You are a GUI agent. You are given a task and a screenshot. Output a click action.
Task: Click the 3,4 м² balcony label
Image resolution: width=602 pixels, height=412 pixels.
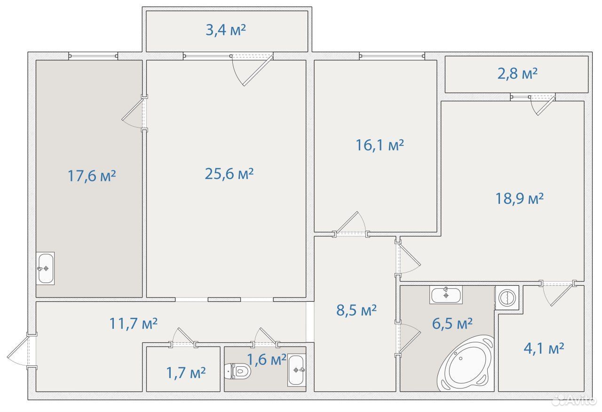(226, 30)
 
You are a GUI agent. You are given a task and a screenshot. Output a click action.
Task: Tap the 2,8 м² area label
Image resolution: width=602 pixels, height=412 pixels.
(517, 74)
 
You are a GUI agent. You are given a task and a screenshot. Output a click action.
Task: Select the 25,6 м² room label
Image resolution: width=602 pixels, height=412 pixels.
(229, 174)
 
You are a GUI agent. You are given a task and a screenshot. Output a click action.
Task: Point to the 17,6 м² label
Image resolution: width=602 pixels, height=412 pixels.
(92, 176)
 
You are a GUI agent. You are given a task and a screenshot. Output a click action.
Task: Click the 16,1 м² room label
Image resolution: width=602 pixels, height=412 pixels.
(380, 145)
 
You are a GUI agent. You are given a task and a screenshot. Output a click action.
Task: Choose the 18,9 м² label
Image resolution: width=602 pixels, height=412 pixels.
(520, 199)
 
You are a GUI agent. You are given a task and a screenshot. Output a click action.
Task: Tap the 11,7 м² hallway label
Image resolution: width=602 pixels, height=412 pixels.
(133, 323)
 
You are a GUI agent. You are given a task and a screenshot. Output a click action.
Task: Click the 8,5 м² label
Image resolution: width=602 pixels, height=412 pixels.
(356, 310)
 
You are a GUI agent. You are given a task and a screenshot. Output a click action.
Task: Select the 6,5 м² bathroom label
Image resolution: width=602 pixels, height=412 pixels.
(452, 323)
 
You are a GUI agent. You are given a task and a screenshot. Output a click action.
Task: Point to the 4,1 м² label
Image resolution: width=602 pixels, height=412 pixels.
(544, 348)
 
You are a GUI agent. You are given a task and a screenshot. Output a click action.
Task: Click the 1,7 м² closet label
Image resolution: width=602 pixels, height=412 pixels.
(186, 373)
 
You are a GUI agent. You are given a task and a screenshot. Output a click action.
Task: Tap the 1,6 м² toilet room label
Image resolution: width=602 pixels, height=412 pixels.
(266, 360)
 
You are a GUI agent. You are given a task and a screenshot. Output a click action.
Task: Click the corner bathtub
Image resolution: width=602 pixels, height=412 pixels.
(466, 364)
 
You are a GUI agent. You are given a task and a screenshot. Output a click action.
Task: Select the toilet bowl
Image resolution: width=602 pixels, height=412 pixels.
(238, 372)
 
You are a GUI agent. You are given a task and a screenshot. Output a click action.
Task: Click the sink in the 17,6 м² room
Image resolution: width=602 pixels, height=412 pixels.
(45, 268)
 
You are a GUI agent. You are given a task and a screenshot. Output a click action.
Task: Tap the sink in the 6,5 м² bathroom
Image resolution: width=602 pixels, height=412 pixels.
(446, 295)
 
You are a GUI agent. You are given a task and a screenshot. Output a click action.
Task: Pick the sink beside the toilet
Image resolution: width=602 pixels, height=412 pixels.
(297, 370)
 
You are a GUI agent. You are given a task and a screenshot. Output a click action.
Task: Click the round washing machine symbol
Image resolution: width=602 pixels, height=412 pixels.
(507, 298)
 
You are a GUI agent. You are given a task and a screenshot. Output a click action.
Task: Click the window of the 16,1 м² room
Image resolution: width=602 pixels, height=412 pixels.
(392, 56)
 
